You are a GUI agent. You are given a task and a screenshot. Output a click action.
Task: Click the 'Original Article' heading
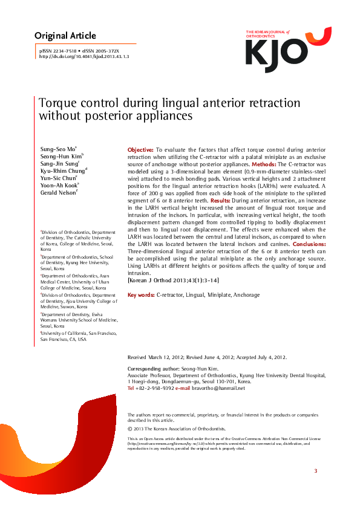[x=65, y=36]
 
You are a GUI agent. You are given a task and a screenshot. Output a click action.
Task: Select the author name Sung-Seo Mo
[x=57, y=148]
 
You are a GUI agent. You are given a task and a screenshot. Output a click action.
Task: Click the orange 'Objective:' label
[x=140, y=149]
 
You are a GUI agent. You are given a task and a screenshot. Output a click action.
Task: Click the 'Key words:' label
[x=140, y=295]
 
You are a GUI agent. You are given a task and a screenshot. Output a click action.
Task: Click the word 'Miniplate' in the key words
[x=217, y=295]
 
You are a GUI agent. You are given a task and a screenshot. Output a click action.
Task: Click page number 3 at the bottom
[x=315, y=470]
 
